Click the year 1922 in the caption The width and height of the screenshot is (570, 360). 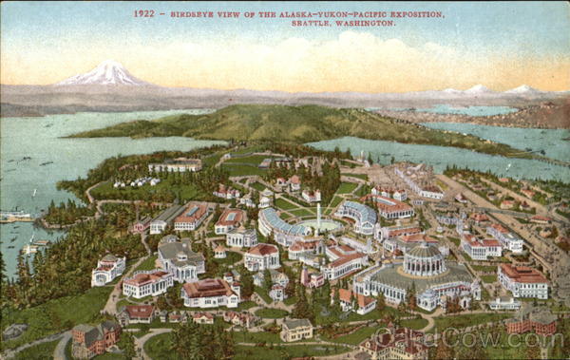tap(143, 14)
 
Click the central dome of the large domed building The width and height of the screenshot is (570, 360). tap(424, 255)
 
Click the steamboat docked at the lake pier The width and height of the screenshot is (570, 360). tap(15, 216)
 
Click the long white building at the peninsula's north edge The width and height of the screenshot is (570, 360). tap(175, 165)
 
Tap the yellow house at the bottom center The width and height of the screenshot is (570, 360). tap(296, 329)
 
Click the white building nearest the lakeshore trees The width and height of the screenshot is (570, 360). tap(107, 270)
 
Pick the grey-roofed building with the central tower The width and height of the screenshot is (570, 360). tap(180, 257)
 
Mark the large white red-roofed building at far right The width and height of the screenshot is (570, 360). tap(522, 281)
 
